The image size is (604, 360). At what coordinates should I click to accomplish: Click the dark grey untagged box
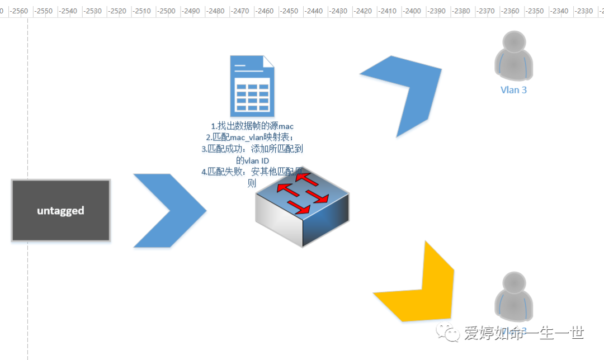tap(60, 210)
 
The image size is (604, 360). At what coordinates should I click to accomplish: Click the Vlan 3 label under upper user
tap(513, 89)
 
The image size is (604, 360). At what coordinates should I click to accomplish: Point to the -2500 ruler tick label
tap(168, 11)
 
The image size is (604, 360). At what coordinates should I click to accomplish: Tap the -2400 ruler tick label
tap(412, 11)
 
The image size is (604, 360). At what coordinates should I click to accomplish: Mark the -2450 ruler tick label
tap(290, 11)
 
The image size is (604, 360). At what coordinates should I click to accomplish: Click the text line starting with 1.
tap(252, 126)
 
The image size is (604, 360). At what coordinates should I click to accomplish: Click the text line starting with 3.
tap(252, 149)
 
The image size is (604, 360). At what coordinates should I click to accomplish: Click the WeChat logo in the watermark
tap(450, 333)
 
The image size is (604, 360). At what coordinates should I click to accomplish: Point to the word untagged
tap(60, 211)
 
